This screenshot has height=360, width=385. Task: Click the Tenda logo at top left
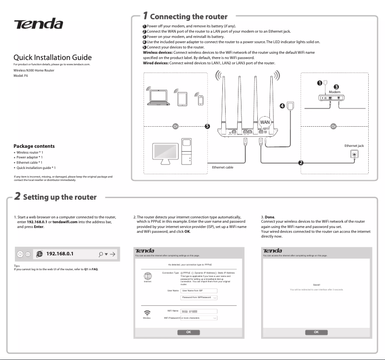pos(38,24)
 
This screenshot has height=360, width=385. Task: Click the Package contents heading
pos(34,146)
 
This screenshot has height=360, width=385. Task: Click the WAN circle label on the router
pos(265,122)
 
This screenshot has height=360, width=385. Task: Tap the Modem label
pos(335,91)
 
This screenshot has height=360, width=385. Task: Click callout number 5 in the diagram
pos(207,127)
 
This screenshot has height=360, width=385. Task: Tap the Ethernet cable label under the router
pos(223,167)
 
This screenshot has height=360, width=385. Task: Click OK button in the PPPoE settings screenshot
pos(188,332)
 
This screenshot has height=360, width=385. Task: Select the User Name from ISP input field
pos(199,291)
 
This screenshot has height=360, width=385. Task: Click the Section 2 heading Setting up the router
pos(60,197)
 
